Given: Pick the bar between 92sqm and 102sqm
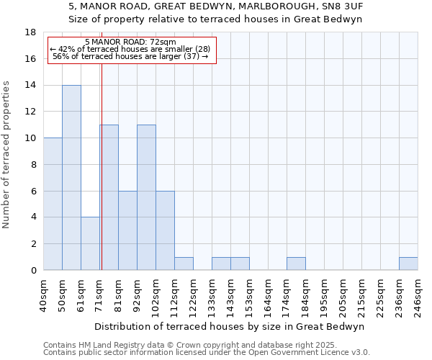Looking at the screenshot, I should coord(146,197).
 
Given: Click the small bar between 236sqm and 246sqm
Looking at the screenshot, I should coord(408,264).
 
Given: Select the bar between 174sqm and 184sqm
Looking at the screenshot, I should coord(296,264).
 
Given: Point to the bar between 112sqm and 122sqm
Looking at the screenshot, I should coord(184,264).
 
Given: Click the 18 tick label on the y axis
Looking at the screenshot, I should coord(30,32).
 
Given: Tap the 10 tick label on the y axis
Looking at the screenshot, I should coord(30,138).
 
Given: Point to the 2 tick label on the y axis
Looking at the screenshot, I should coord(33,244).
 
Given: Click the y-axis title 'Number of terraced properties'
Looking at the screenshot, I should coord(7,155).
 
